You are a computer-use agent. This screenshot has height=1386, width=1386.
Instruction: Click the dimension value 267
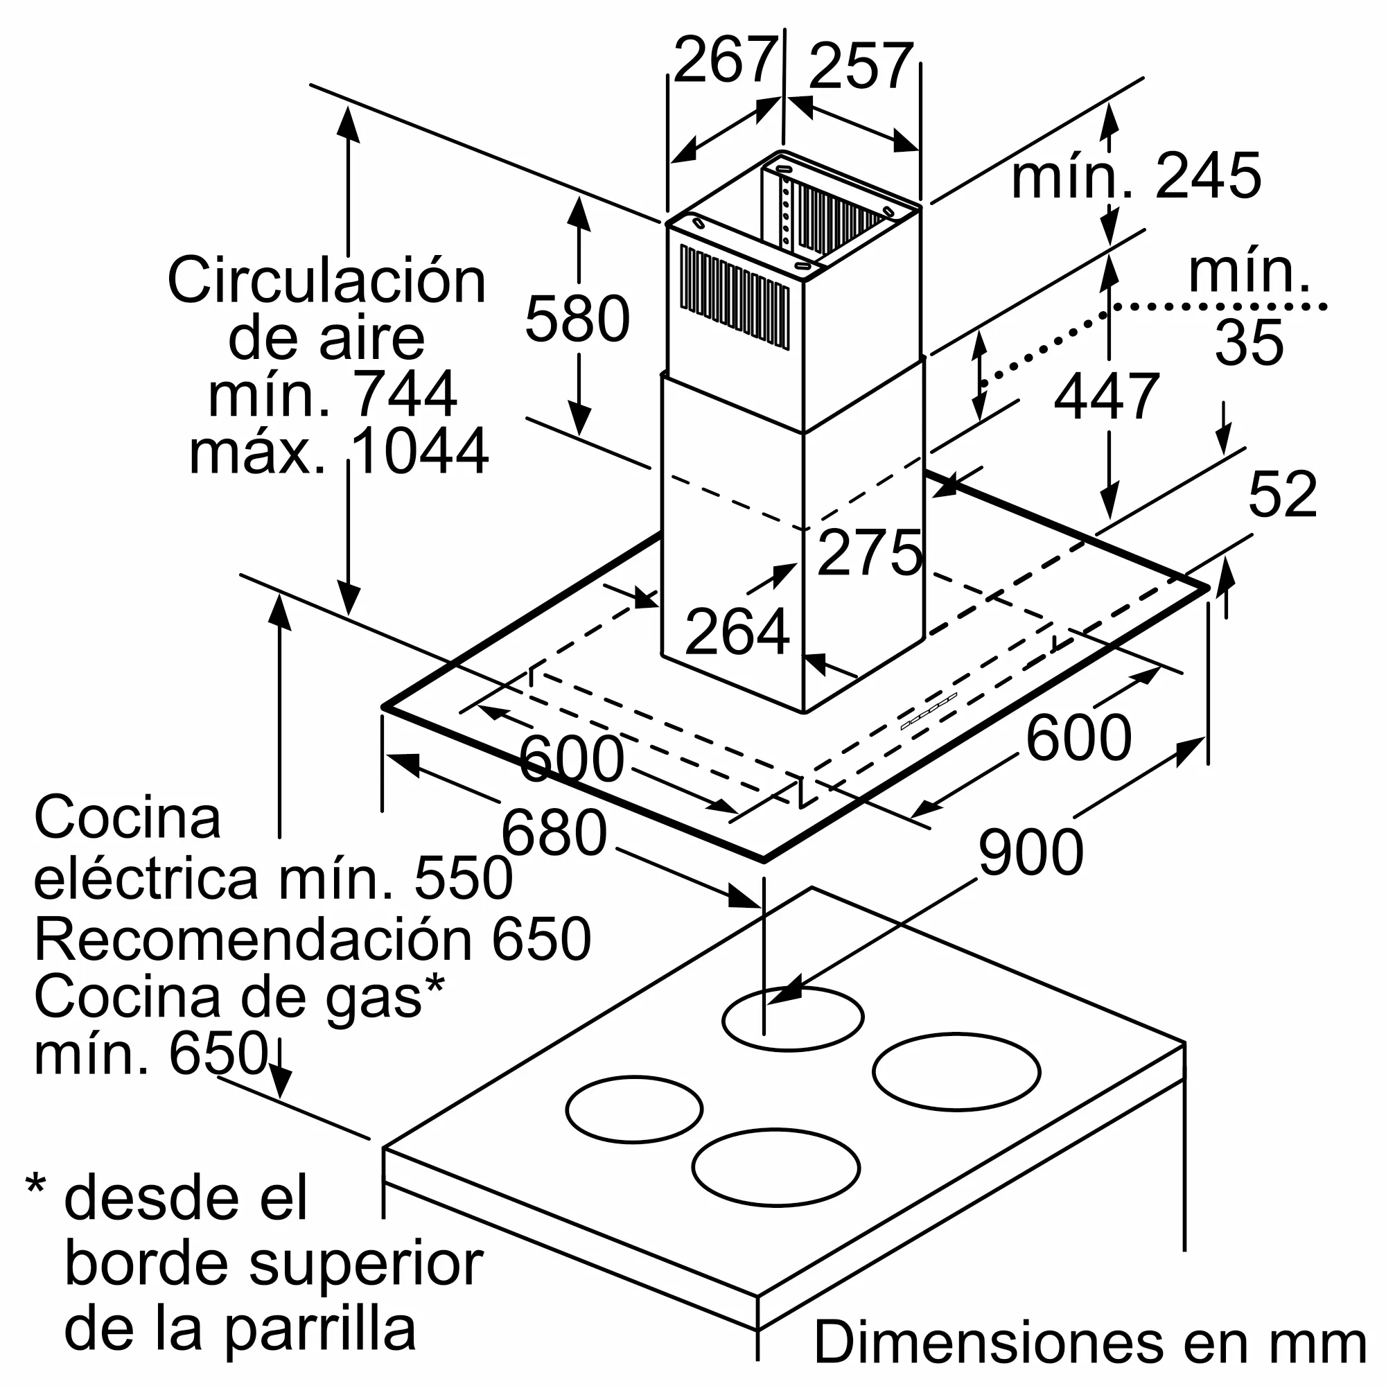coord(726,60)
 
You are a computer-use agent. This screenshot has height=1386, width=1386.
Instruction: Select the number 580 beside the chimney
coord(577,319)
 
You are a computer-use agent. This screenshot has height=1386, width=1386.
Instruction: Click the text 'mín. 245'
coord(1137,175)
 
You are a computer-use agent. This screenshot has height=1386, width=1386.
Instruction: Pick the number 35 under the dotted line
coord(1249,342)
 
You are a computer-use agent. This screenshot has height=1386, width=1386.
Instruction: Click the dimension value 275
coord(870,552)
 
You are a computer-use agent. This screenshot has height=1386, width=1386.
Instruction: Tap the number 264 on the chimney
coord(737,631)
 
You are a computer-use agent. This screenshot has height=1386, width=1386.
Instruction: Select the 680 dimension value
coord(554,833)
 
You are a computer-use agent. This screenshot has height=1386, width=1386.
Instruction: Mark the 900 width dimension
coord(1031,852)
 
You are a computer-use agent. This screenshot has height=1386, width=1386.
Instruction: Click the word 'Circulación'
coord(327,280)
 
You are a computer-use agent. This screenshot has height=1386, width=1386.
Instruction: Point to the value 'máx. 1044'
coord(339,450)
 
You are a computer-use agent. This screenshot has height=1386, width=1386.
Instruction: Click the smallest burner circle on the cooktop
coord(635,1109)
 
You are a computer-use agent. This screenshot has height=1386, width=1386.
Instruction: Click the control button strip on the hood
coord(929,712)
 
